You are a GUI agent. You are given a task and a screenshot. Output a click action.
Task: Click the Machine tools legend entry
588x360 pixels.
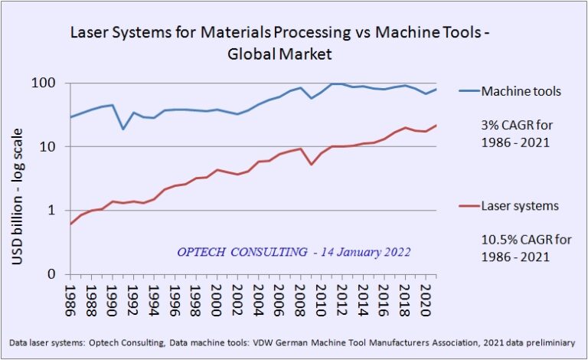(520, 92)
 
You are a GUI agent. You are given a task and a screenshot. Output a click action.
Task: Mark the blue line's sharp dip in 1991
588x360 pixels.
(123, 129)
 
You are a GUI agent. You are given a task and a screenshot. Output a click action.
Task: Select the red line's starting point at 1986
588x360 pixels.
(70, 224)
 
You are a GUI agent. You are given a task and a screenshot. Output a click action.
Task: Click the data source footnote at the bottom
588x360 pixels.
(293, 342)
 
